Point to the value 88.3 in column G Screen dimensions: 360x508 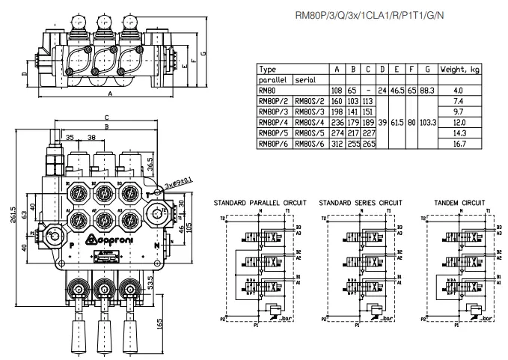click(x=427, y=90)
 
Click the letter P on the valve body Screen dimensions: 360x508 click(x=71, y=244)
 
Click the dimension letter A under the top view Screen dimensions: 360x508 click(x=110, y=94)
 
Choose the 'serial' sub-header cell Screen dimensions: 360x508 click(x=304, y=79)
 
